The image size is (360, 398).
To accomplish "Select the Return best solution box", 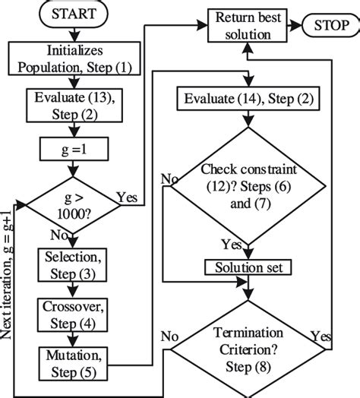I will tap(243, 25).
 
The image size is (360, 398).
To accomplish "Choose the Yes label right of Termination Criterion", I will tap(319, 335).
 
